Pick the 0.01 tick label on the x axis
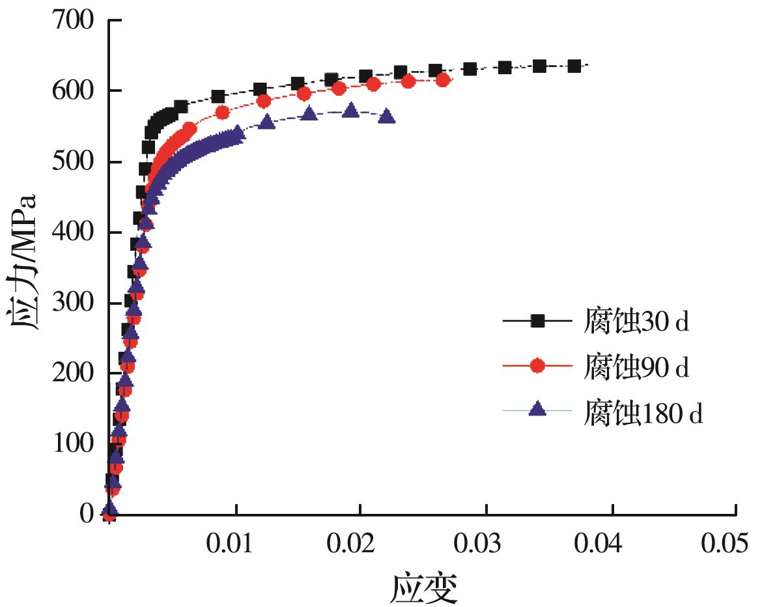[x=234, y=543]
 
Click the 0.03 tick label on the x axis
[x=485, y=543]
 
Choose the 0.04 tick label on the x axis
[x=611, y=543]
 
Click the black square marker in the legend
[x=537, y=321]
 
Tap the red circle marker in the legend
[x=537, y=366]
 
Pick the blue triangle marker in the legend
[x=537, y=410]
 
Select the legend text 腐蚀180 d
[x=642, y=412]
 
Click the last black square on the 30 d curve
[x=574, y=66]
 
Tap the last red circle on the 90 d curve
[x=443, y=80]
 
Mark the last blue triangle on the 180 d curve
[x=386, y=116]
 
